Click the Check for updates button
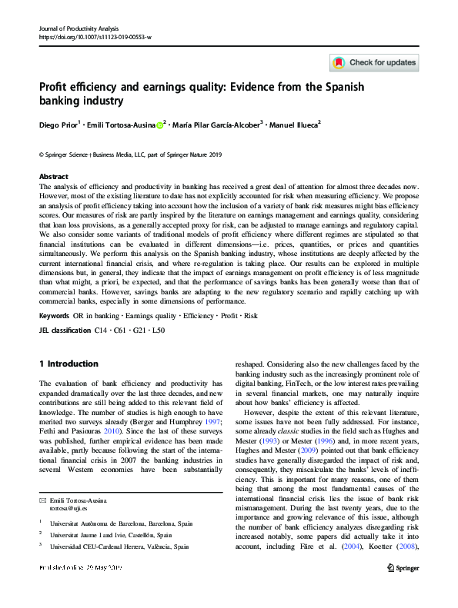(x=374, y=62)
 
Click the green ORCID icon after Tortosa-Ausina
(x=160, y=124)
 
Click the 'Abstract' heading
(x=53, y=176)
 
